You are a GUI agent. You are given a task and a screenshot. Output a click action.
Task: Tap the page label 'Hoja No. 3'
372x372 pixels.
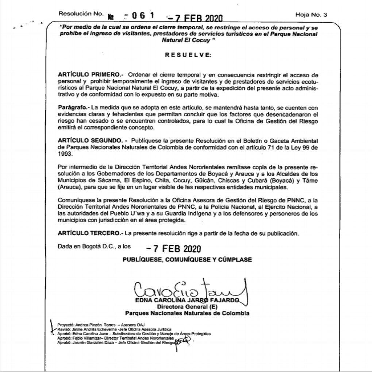click(312, 15)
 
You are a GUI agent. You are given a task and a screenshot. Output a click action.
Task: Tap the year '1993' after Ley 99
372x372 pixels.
click(64, 154)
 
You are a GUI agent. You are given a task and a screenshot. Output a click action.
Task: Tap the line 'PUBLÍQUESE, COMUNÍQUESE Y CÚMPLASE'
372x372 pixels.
click(187, 260)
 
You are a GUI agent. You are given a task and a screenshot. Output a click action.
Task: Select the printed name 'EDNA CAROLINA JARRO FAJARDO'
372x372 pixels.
click(187, 301)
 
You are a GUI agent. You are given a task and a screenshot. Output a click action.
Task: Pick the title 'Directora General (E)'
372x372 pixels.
click(187, 307)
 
